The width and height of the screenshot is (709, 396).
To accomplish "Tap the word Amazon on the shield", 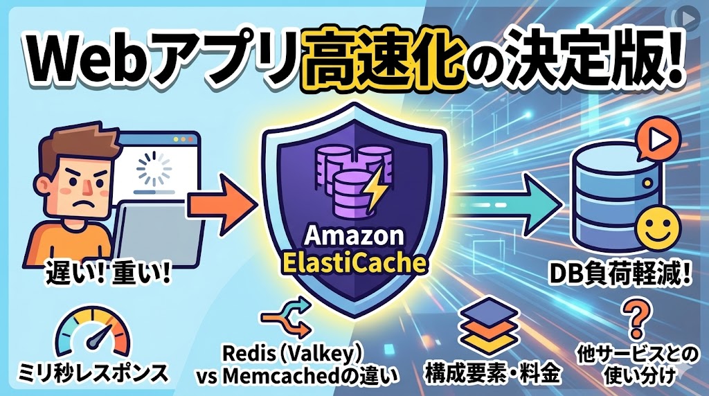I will point(354,235).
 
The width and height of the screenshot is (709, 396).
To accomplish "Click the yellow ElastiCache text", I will point(354,262).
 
